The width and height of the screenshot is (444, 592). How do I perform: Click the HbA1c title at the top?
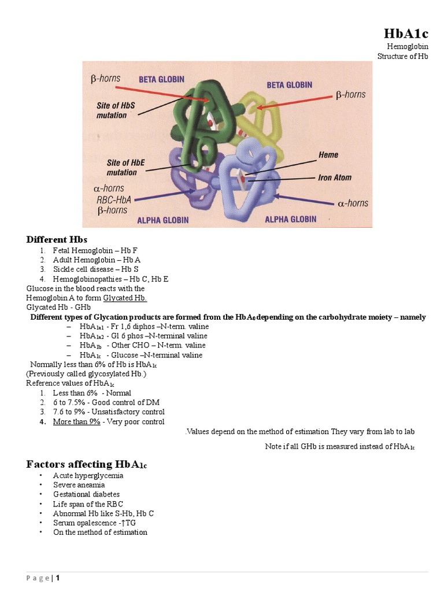tap(406, 34)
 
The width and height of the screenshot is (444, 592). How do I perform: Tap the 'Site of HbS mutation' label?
tap(116, 110)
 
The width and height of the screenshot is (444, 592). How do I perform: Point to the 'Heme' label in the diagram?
tap(328, 155)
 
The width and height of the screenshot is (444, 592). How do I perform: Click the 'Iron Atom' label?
tap(334, 178)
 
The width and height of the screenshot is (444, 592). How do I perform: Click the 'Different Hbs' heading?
tap(57, 239)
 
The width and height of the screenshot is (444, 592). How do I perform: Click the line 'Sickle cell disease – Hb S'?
tap(95, 269)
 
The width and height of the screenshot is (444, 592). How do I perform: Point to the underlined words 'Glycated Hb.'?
tap(125, 298)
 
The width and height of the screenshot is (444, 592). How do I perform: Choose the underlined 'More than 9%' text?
tap(77, 421)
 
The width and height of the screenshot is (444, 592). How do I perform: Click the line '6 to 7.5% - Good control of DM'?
tap(106, 402)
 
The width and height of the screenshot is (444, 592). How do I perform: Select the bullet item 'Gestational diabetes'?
tap(86, 494)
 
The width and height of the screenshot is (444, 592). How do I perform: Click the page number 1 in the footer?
tap(58, 578)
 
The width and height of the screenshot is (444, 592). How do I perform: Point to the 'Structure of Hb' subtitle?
tap(402, 56)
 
